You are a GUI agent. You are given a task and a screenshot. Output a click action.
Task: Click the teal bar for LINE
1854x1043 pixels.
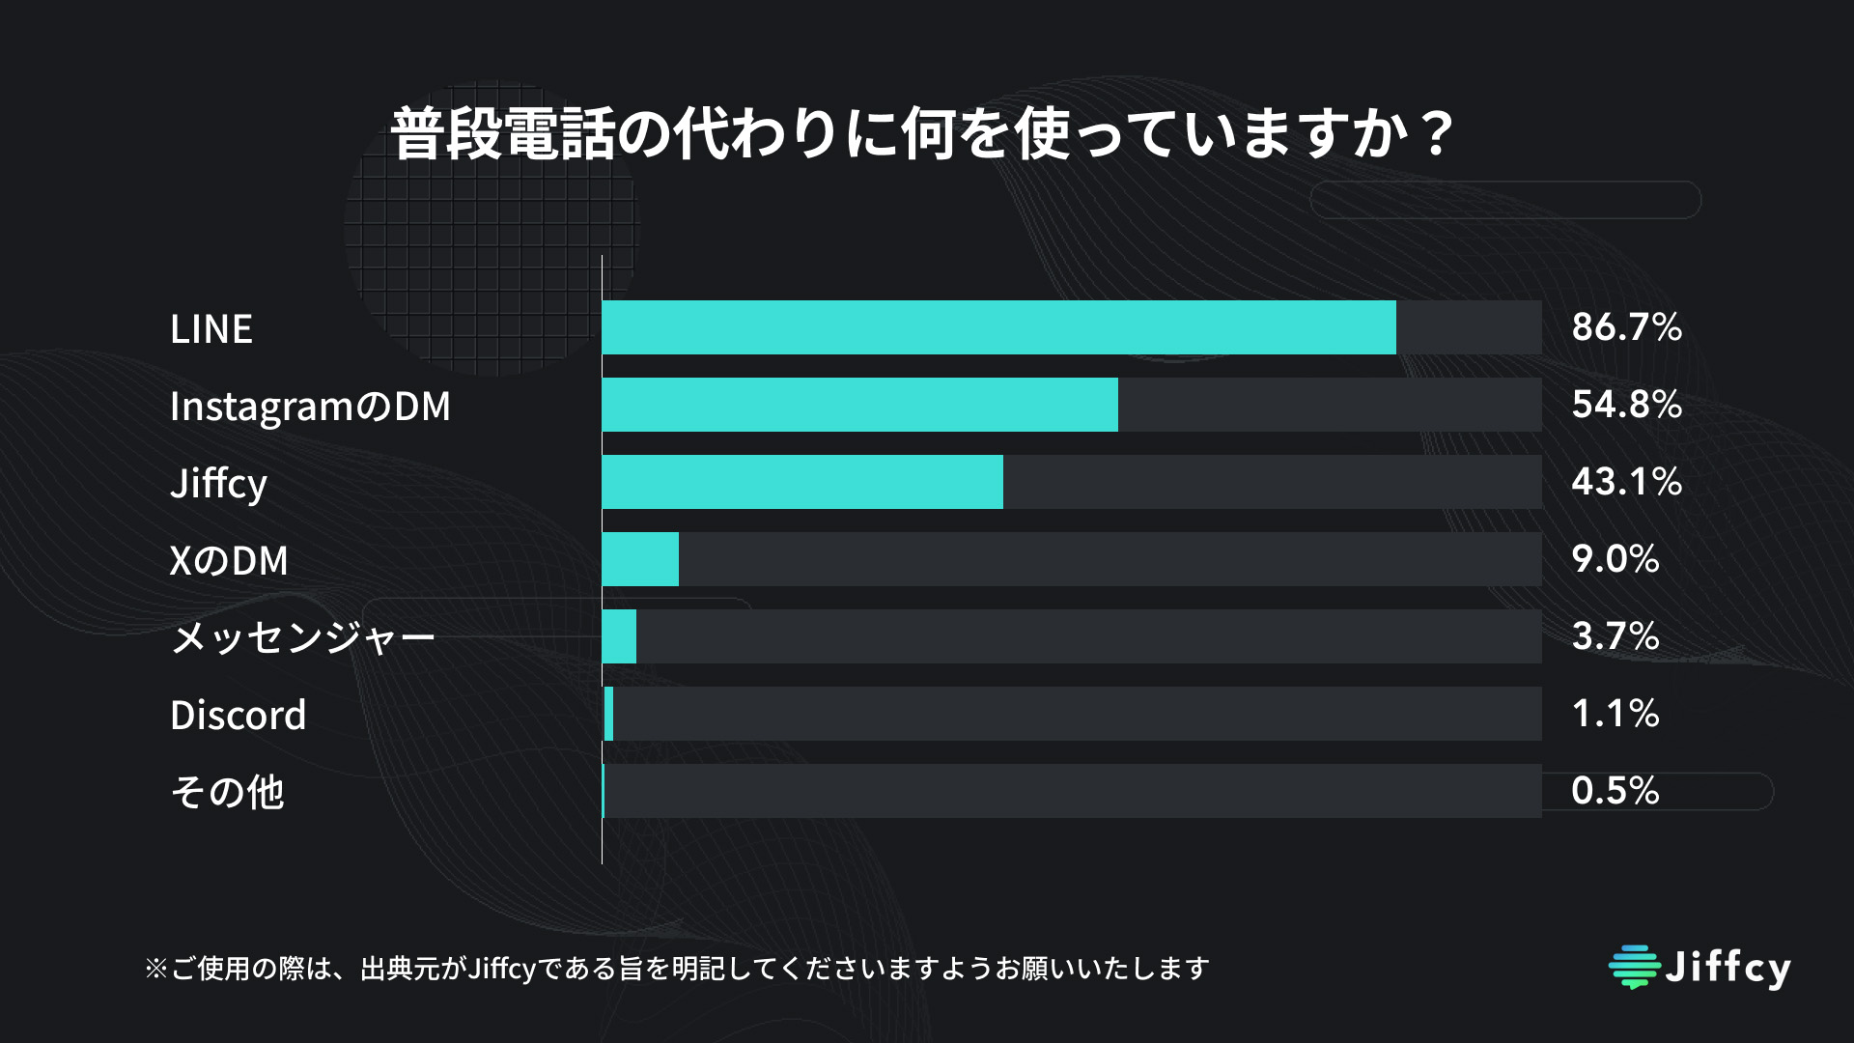pyautogui.click(x=998, y=327)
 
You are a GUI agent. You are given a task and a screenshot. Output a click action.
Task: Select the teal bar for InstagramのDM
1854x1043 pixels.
pyautogui.click(x=859, y=405)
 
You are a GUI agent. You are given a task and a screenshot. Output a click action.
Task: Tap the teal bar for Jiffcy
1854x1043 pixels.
pyautogui.click(x=802, y=482)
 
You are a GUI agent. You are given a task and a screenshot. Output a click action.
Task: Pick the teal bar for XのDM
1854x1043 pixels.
pyautogui.click(x=640, y=559)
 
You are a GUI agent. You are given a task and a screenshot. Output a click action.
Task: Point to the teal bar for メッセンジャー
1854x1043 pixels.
pyautogui.click(x=619, y=636)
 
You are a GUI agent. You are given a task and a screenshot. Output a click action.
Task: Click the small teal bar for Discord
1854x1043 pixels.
pyautogui.click(x=608, y=714)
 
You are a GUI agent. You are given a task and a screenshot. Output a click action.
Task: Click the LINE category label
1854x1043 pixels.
pyautogui.click(x=211, y=329)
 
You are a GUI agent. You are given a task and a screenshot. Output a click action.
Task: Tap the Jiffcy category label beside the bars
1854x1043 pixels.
pyautogui.click(x=218, y=484)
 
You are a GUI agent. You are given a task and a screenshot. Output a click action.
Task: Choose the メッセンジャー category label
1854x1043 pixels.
pyautogui.click(x=303, y=638)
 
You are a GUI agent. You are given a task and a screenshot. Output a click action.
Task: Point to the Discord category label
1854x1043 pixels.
pyautogui.click(x=238, y=716)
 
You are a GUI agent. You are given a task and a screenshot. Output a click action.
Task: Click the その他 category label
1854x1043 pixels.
pyautogui.click(x=227, y=792)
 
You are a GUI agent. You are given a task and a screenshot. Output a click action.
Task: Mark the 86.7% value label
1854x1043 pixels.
pyautogui.click(x=1627, y=327)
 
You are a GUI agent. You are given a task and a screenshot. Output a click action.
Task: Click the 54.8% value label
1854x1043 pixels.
pyautogui.click(x=1627, y=405)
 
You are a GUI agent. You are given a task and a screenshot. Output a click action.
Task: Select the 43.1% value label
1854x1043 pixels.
pyautogui.click(x=1627, y=482)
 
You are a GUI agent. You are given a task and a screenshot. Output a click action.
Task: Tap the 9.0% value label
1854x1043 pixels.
pyautogui.click(x=1615, y=559)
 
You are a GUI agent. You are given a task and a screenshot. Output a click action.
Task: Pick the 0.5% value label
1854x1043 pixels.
pyautogui.click(x=1615, y=791)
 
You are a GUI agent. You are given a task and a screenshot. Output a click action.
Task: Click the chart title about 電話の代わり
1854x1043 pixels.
pyautogui.click(x=922, y=133)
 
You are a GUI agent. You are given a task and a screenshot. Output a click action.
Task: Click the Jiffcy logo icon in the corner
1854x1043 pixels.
pyautogui.click(x=1635, y=967)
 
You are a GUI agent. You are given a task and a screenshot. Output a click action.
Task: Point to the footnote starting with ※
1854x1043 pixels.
pyautogui.click(x=677, y=968)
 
